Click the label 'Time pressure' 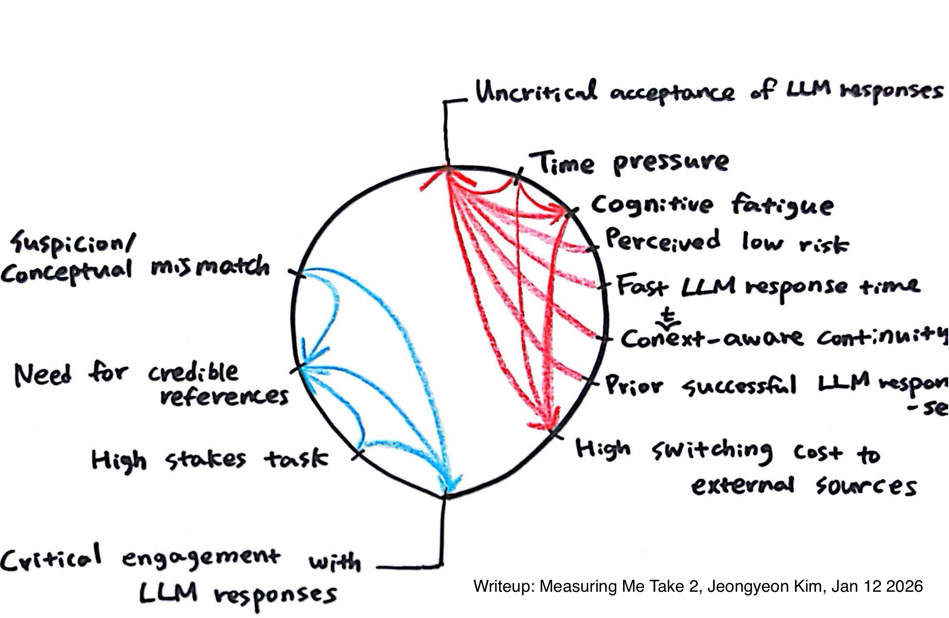coord(633,163)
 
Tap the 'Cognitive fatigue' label coord(712,206)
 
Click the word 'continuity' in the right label coord(882,338)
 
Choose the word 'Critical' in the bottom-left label coord(50,558)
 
